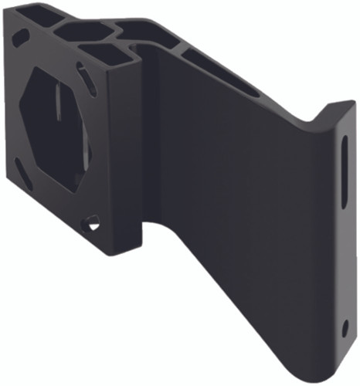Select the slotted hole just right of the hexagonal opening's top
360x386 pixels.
[x=87, y=78]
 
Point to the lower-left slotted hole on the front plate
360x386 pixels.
[x=24, y=176]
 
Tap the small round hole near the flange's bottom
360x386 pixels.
[x=345, y=328]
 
